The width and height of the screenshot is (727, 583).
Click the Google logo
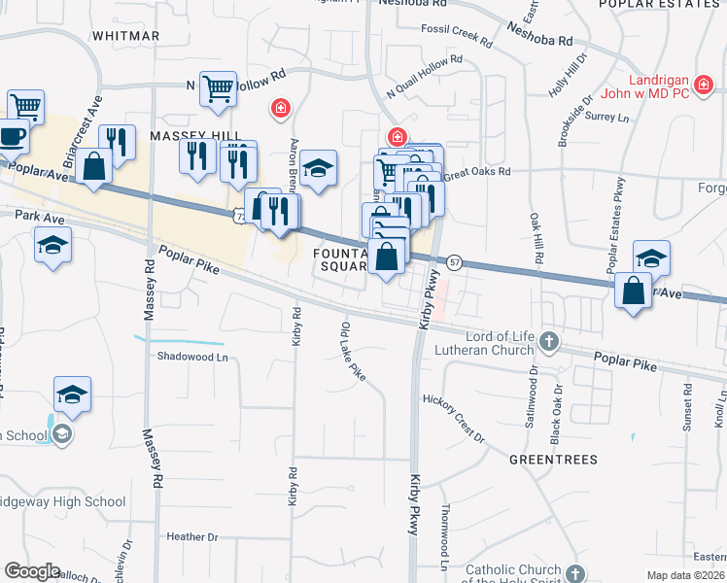click(32, 571)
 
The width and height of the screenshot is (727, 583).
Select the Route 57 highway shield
click(454, 262)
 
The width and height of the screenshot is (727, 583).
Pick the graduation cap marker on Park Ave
click(52, 247)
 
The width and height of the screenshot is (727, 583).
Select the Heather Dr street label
click(192, 536)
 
